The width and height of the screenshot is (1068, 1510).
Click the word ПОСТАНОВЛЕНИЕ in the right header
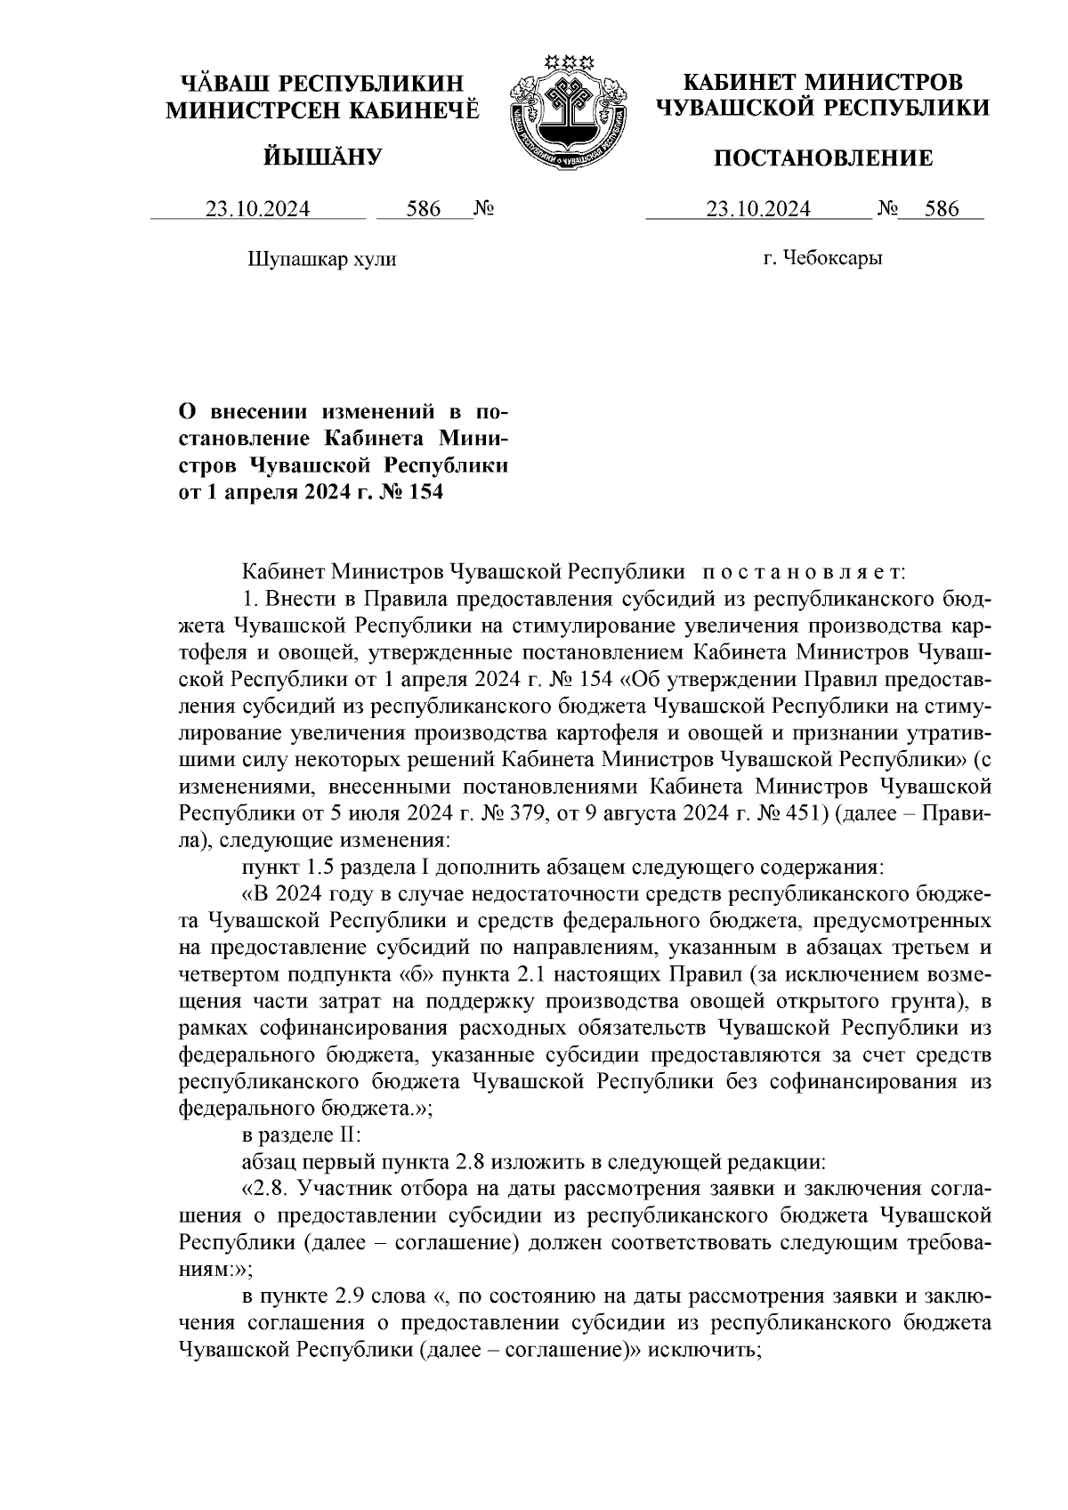pos(824,159)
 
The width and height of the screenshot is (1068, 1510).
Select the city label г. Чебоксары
pos(822,259)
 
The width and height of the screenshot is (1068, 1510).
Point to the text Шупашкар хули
pos(320,260)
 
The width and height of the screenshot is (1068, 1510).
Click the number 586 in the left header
pos(424,210)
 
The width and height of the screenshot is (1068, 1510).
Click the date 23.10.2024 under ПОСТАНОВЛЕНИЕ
pos(757,210)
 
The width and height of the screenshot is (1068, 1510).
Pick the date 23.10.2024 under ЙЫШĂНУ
pos(258,210)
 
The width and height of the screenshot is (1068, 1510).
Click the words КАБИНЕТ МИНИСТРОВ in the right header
pos(822,83)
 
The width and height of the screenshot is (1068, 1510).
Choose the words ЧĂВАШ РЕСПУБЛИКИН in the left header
pos(322,84)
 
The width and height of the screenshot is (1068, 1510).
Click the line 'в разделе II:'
pos(303,1136)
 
